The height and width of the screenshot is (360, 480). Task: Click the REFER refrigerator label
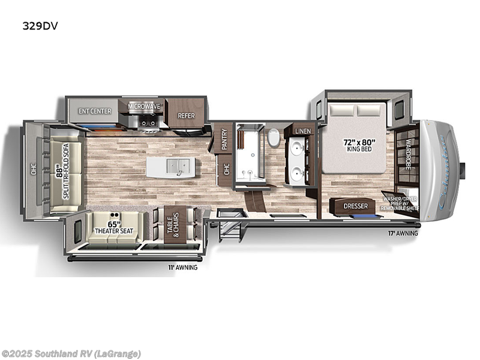pos(184,116)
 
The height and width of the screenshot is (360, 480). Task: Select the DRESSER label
pos(355,206)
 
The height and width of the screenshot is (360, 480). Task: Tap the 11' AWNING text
pos(182,268)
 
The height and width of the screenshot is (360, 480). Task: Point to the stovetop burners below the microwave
pos(148,122)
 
